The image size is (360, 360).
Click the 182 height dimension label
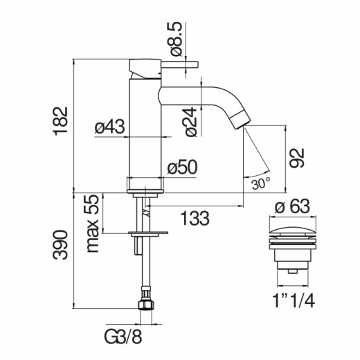pyautogui.click(x=60, y=121)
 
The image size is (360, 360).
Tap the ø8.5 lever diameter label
pyautogui.click(x=177, y=39)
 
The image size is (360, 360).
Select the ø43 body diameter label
pyautogui.click(x=109, y=127)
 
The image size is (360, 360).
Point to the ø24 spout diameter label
pyautogui.click(x=190, y=122)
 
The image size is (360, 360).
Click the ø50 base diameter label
pyautogui.click(x=182, y=167)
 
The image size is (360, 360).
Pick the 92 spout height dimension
pyautogui.click(x=297, y=159)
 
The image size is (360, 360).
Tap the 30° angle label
pyautogui.click(x=261, y=183)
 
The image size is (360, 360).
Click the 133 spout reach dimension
pyautogui.click(x=195, y=218)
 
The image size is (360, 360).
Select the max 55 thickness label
pyautogui.click(x=93, y=224)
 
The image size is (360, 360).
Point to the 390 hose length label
pyautogui.click(x=60, y=244)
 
